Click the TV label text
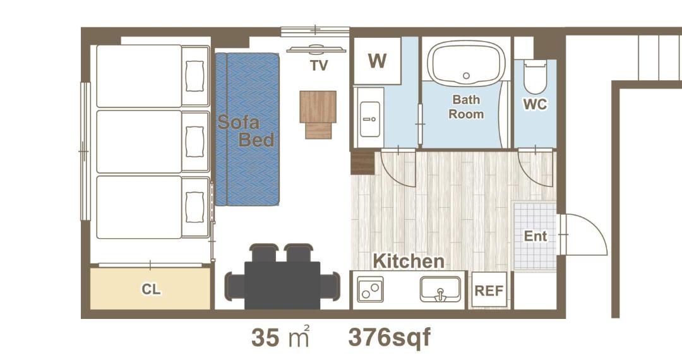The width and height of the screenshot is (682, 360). (x=319, y=66)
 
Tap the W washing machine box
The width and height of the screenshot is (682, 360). (x=377, y=61)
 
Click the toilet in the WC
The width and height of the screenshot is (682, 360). (x=535, y=78)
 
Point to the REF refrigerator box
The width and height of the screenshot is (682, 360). (x=489, y=290)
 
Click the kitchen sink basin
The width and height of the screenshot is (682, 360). (x=440, y=289)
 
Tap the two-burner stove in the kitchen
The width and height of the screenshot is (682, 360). (x=370, y=289)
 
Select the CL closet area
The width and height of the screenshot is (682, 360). (x=150, y=289)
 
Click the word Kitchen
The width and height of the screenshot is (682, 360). (x=409, y=261)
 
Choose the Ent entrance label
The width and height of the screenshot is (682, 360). (x=535, y=236)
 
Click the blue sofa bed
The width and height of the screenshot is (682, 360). (x=247, y=129)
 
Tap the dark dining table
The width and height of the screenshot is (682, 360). (x=282, y=285)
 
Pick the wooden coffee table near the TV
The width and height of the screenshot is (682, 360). (x=318, y=114)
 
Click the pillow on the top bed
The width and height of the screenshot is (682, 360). (x=194, y=76)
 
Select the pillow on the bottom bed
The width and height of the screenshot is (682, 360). (x=194, y=207)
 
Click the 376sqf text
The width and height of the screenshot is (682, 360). (x=389, y=337)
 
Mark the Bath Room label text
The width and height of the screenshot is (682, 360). (x=466, y=107)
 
